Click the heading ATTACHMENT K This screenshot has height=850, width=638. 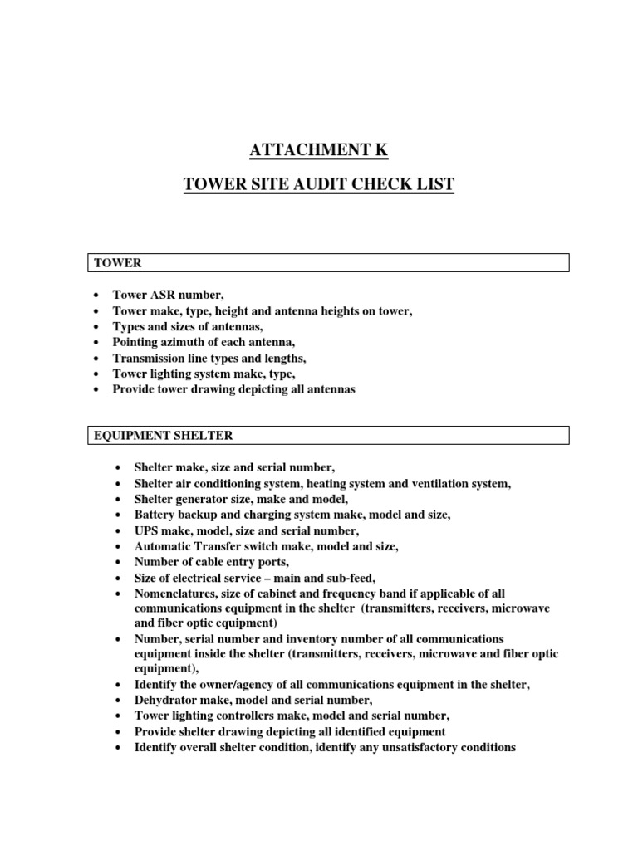pos(319,150)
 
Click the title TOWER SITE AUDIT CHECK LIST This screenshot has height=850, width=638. pos(319,184)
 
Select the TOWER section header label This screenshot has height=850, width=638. pos(117,263)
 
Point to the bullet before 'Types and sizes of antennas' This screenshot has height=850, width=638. pos(98,327)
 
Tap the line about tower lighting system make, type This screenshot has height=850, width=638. pos(204,374)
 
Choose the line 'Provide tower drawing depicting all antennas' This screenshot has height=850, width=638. pos(233,389)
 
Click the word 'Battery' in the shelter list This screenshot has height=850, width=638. pos(155,515)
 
